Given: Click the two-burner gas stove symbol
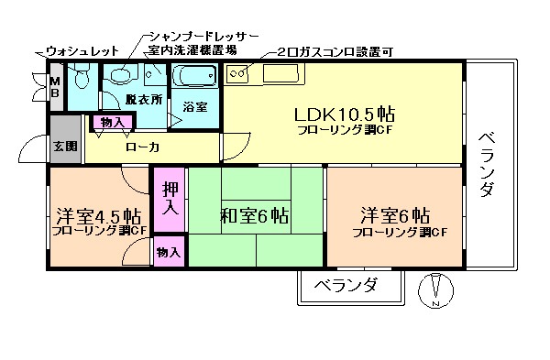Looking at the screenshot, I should point(239,73).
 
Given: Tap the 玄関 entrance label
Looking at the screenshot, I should point(64,146).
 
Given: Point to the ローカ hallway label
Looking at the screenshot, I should point(142,147).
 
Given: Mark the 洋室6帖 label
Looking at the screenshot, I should point(394,216).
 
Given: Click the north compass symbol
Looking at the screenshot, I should point(434,290).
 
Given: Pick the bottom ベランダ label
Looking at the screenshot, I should point(346,285).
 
